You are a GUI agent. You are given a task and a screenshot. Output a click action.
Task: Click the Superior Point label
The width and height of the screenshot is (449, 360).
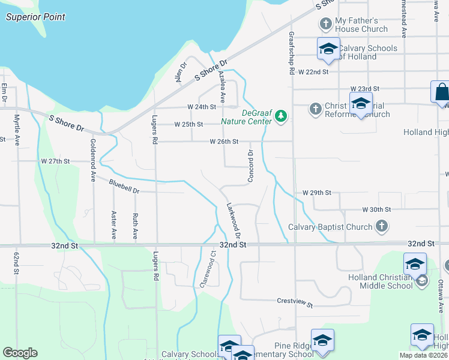(x=35, y=17)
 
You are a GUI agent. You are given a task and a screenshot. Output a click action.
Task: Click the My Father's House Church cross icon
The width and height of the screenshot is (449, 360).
(x=326, y=25)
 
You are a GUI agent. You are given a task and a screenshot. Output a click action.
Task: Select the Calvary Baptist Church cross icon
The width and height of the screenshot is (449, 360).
(x=381, y=227)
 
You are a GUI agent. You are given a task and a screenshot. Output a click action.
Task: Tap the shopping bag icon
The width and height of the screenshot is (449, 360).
(x=441, y=92)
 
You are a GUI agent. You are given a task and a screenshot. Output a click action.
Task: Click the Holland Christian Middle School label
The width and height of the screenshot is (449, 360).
(x=381, y=281)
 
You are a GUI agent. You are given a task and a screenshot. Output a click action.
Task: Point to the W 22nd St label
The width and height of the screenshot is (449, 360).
(x=315, y=71)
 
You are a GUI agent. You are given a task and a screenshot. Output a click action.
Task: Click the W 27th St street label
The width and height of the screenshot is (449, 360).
(x=56, y=161)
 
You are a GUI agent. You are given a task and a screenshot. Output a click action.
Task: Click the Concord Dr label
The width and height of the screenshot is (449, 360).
(x=250, y=167)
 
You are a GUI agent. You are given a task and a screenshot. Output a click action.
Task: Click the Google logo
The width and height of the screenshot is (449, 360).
(x=20, y=353)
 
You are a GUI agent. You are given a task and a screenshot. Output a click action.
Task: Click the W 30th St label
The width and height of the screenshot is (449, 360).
(x=376, y=209)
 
